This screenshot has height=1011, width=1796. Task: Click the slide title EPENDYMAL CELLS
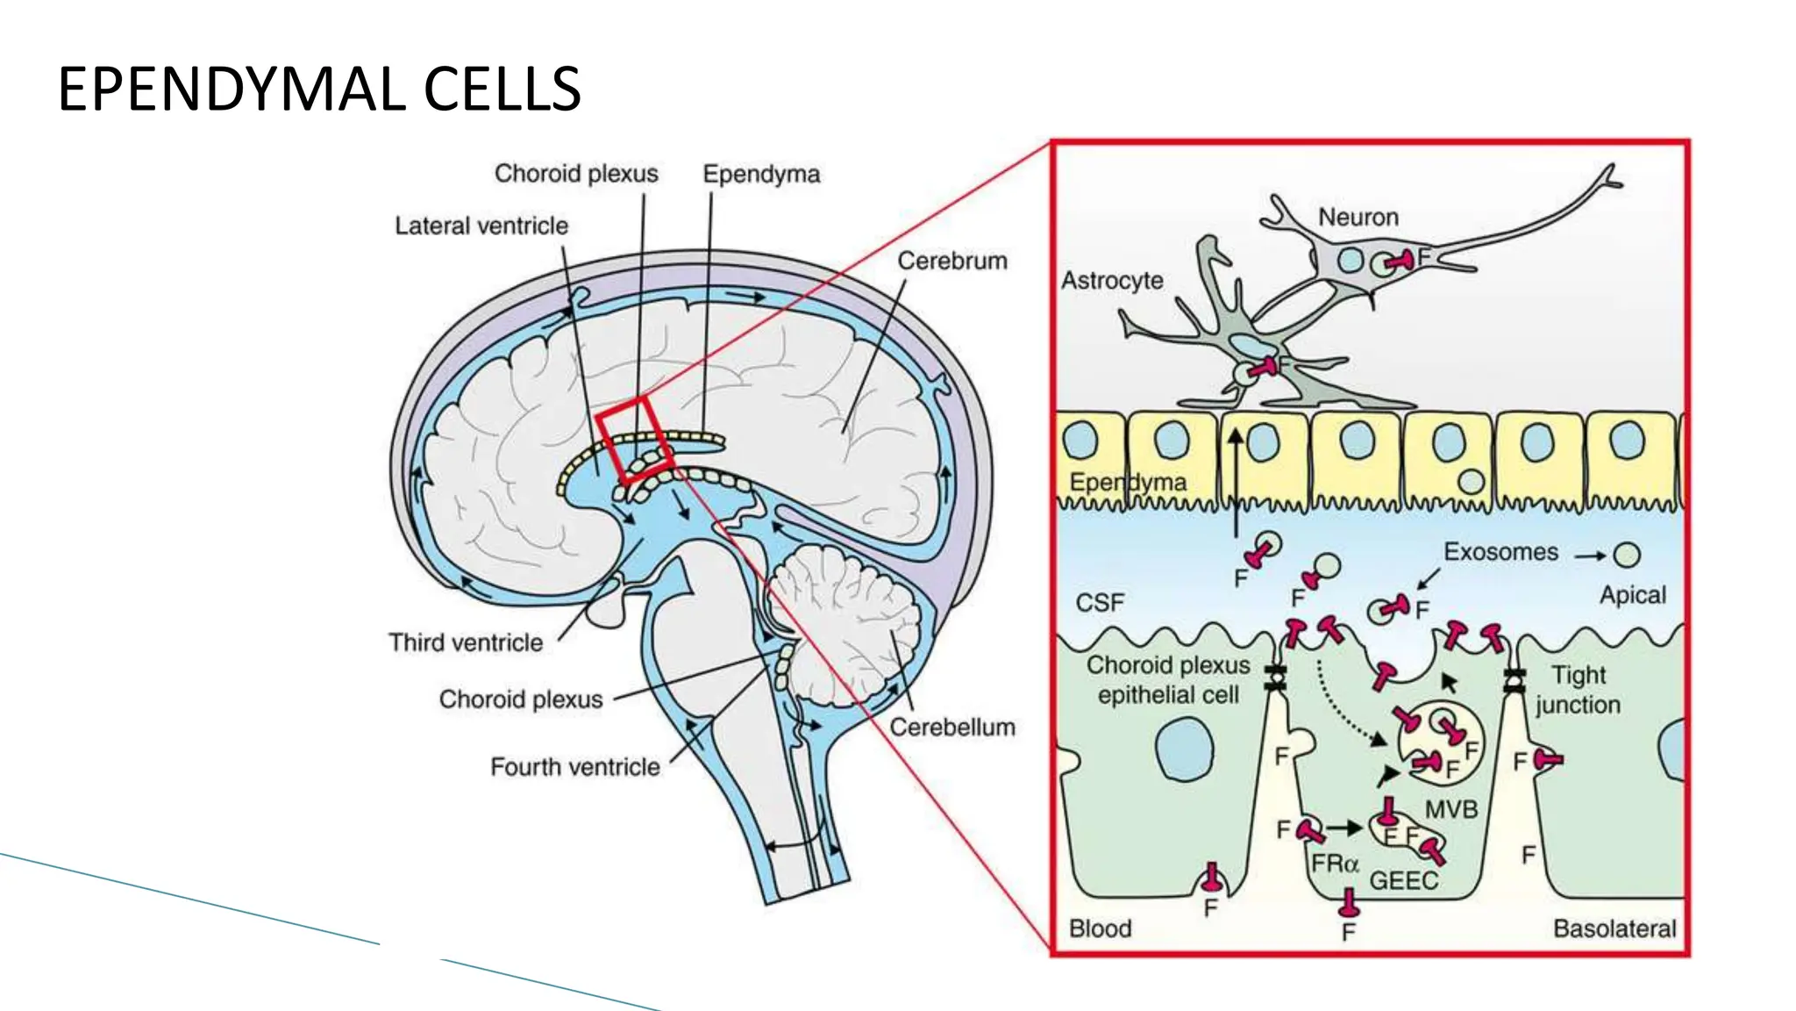click(319, 90)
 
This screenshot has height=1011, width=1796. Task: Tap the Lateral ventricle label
click(481, 226)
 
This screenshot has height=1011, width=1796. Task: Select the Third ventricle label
click(466, 642)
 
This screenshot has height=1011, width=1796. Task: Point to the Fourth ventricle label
click(574, 767)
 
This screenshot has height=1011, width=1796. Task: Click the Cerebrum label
click(951, 261)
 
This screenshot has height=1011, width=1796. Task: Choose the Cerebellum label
click(951, 727)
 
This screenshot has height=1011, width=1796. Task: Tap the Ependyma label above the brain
click(760, 174)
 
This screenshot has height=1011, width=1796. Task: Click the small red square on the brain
click(634, 439)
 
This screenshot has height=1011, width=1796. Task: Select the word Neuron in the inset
click(1358, 217)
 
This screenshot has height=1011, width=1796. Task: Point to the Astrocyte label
click(1112, 280)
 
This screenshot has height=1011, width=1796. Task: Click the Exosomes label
click(1500, 552)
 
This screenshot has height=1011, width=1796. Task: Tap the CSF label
click(1099, 603)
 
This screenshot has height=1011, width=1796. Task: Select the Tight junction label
click(1578, 690)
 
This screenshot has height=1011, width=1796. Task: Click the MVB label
click(1450, 809)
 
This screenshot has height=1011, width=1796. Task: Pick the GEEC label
click(1403, 880)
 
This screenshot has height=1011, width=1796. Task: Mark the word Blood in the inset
click(1100, 929)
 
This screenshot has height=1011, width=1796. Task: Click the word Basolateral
click(1614, 929)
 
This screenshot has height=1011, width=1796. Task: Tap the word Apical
click(1632, 595)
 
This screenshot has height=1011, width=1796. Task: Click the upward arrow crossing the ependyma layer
click(1236, 483)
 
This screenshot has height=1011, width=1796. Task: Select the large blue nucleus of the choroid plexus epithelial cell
click(1184, 749)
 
